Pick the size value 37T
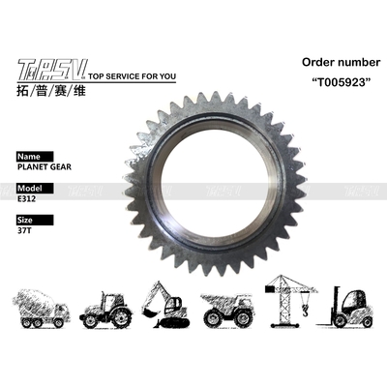click(x=25, y=231)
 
